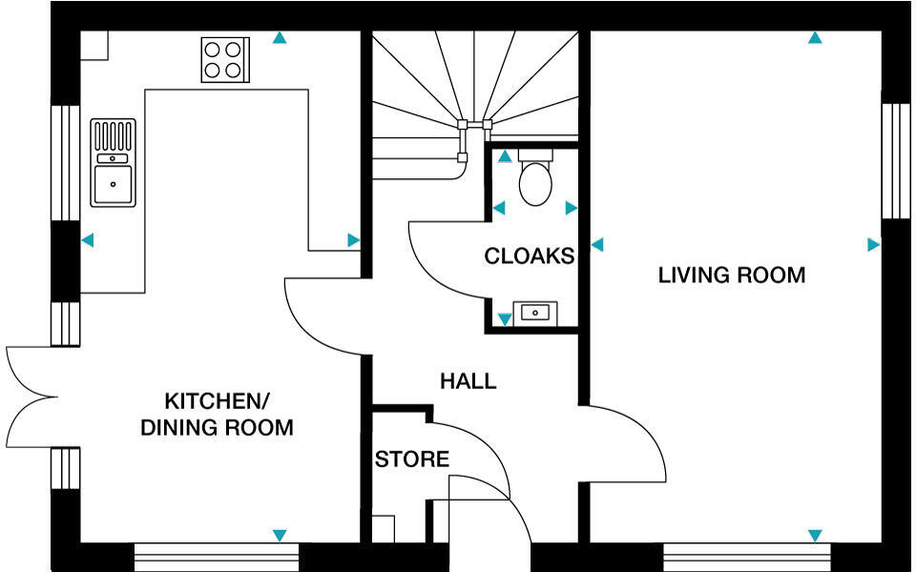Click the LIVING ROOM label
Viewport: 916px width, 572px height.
click(731, 276)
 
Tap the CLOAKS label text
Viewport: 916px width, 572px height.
click(529, 256)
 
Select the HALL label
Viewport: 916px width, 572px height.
click(468, 381)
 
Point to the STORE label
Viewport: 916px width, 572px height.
click(411, 460)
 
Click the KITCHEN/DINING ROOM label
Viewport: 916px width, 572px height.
click(217, 413)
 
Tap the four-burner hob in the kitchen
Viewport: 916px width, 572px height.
click(225, 58)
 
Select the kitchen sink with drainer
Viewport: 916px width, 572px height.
click(113, 162)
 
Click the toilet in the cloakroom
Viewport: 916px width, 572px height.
click(535, 178)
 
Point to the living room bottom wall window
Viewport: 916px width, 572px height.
click(747, 554)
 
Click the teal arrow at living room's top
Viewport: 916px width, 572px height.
click(815, 38)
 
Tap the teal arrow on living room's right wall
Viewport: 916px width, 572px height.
click(872, 245)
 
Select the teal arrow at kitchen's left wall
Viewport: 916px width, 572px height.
click(88, 241)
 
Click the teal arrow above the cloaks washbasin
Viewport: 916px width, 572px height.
click(504, 319)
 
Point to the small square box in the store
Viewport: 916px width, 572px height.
click(383, 529)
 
